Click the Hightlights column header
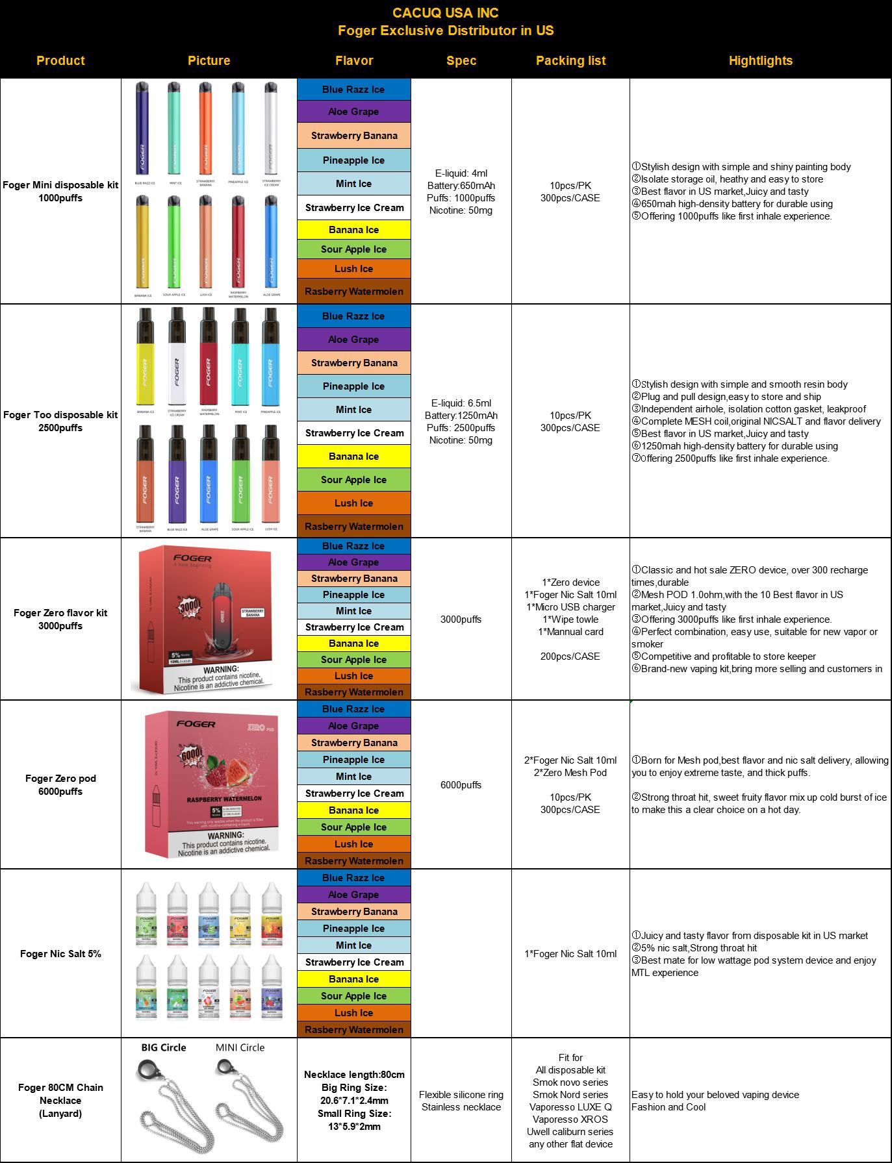[760, 61]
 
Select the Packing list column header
[570, 61]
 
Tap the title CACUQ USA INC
[446, 13]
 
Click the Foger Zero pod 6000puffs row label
[60, 784]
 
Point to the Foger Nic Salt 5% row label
[60, 954]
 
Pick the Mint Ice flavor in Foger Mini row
[354, 184]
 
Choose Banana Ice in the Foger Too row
[354, 456]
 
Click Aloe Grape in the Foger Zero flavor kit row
[354, 562]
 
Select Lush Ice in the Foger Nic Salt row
[354, 1013]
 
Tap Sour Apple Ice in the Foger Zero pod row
[354, 827]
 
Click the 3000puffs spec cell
[461, 619]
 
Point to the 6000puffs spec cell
[461, 785]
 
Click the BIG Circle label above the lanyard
[164, 1047]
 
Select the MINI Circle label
[240, 1047]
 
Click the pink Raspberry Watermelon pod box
[212, 784]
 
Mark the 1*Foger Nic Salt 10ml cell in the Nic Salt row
[570, 954]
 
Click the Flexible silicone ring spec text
[461, 1095]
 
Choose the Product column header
[60, 61]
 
